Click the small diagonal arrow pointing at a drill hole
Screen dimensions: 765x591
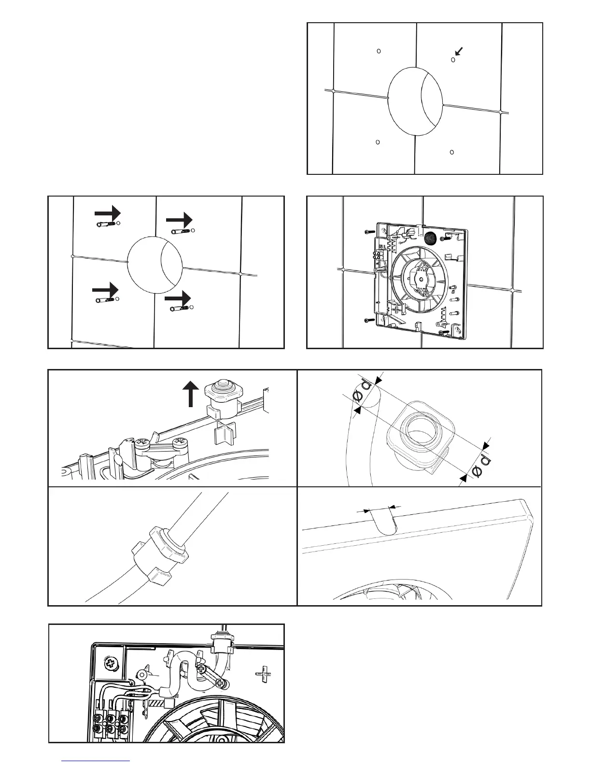[x=460, y=51]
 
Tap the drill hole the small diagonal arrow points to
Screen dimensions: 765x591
[x=453, y=60]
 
